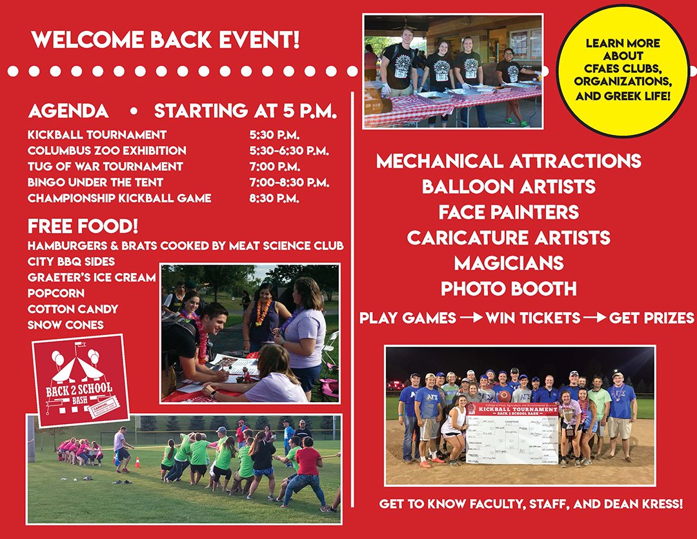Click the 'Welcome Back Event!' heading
(x=165, y=40)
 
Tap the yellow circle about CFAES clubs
(x=623, y=70)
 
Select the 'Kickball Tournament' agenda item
(x=97, y=135)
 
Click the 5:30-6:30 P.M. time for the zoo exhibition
(x=289, y=150)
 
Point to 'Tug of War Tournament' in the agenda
(x=105, y=167)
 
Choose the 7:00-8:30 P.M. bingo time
(x=289, y=183)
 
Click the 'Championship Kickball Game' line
(x=119, y=198)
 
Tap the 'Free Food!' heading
(x=83, y=227)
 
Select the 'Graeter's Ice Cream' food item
(x=92, y=277)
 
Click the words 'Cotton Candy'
(x=72, y=309)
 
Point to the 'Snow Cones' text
(x=65, y=325)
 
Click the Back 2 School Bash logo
(x=80, y=381)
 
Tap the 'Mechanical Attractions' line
(x=509, y=161)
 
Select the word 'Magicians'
(x=509, y=263)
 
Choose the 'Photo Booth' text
(x=509, y=289)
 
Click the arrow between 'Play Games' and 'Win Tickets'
(x=470, y=318)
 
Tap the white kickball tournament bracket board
(x=512, y=433)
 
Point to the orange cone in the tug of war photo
(x=137, y=463)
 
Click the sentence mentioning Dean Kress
(x=530, y=503)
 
